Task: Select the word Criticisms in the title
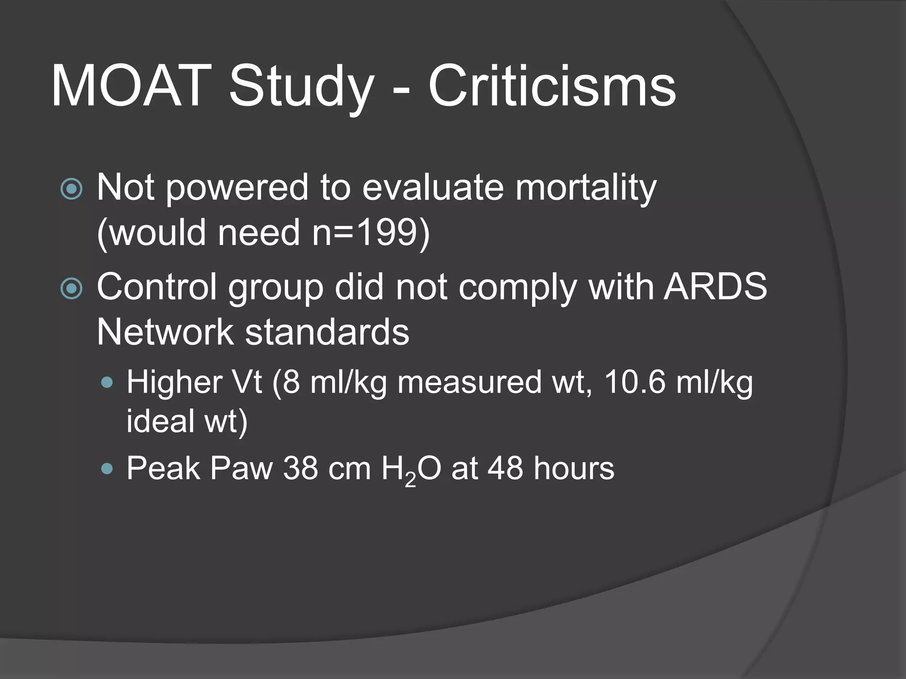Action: click(552, 86)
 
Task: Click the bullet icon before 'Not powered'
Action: click(71, 189)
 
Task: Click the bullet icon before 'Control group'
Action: click(71, 289)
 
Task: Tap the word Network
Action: click(165, 332)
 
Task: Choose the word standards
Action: click(327, 332)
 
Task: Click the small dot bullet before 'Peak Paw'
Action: click(107, 469)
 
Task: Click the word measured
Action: click(469, 382)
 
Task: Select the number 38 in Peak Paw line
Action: click(300, 468)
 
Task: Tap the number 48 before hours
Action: click(505, 468)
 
